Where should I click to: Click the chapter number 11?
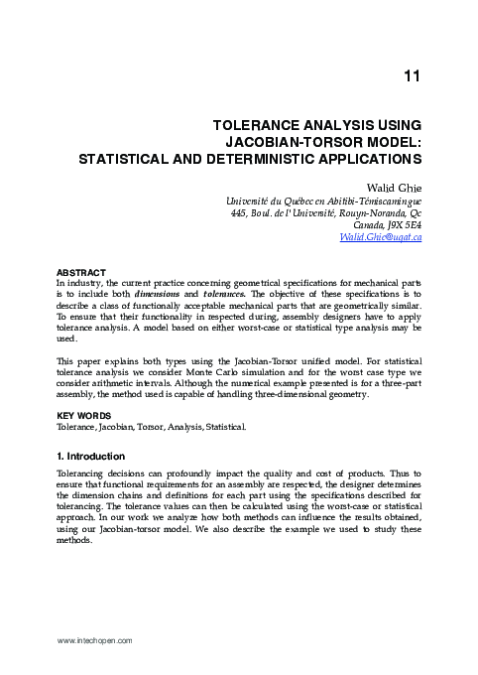[414, 76]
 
